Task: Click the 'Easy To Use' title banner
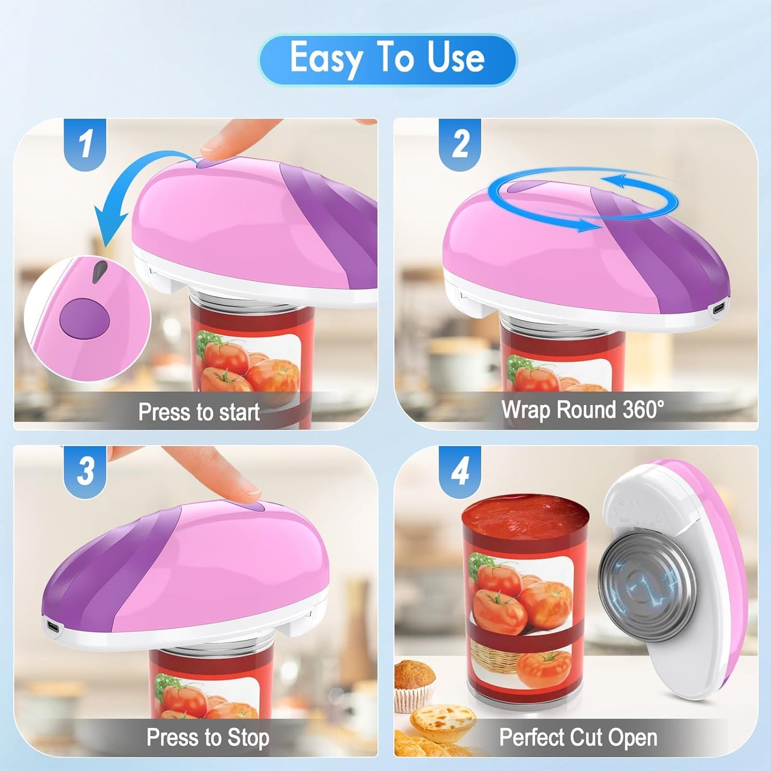[387, 59]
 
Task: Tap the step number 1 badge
[85, 143]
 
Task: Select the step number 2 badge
[460, 143]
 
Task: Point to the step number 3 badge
[85, 470]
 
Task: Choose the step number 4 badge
[460, 470]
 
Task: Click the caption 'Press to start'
[198, 412]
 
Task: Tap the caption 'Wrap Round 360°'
[583, 410]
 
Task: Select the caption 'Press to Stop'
[208, 737]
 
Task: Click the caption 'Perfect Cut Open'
[578, 737]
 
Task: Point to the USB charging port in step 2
[718, 308]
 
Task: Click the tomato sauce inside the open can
[525, 516]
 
